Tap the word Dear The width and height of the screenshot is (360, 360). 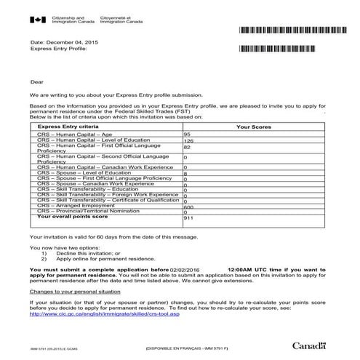click(x=37, y=83)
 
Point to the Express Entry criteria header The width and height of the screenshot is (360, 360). click(x=70, y=127)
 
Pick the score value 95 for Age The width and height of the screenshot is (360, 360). click(x=188, y=135)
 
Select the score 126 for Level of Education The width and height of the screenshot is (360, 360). click(x=189, y=141)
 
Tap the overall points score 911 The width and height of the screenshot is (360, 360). click(x=188, y=217)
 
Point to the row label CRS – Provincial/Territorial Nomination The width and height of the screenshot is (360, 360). click(x=89, y=210)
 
